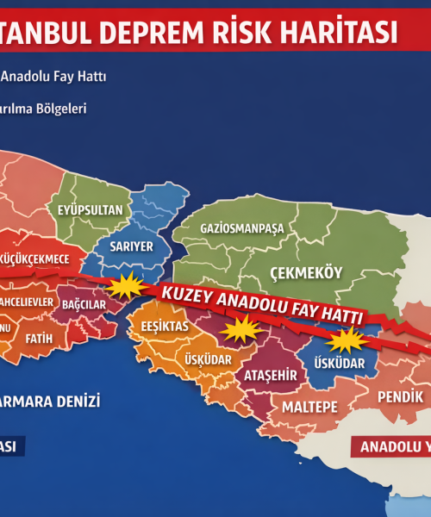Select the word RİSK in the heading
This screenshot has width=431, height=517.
(x=237, y=32)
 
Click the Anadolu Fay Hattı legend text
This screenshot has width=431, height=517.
(x=53, y=77)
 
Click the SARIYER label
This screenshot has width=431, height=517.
(x=125, y=246)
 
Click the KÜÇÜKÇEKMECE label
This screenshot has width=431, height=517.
(x=41, y=258)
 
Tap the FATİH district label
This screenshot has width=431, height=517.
(x=39, y=339)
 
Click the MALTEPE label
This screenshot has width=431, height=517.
(x=310, y=405)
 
